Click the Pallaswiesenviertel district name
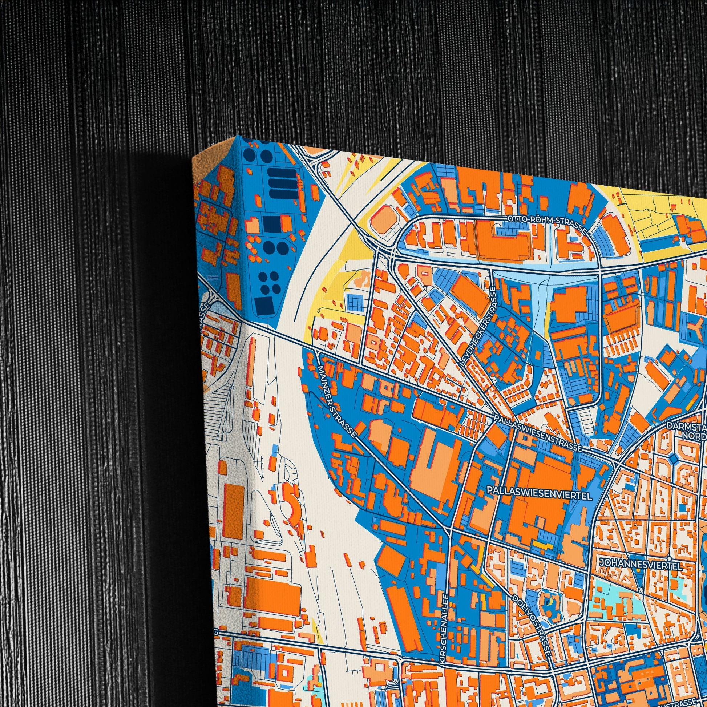click(540, 494)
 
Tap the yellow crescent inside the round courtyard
click(548, 602)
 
